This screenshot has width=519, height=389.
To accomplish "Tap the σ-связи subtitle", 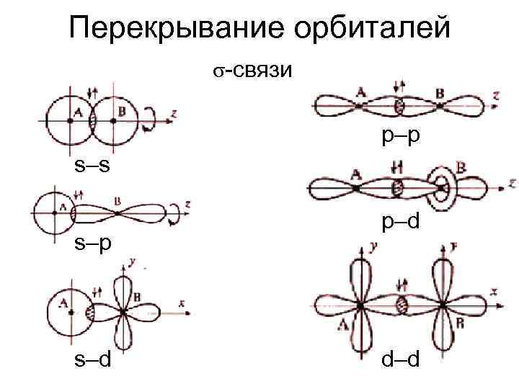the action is (252, 70).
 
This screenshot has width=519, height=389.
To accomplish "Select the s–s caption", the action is (93, 167).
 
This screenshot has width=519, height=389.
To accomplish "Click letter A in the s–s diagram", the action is (77, 111).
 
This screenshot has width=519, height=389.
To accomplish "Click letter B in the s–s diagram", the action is (120, 111).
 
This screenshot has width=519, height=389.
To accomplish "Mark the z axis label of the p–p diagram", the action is (497, 94).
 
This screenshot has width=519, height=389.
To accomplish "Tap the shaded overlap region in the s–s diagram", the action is (92, 121).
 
